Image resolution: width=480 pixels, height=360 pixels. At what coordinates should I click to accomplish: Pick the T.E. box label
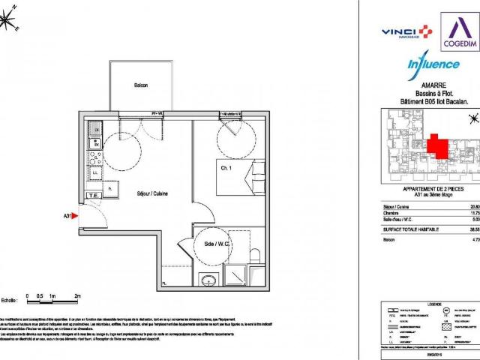click(x=94, y=196)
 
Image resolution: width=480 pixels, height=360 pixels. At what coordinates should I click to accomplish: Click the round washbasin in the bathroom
click(x=207, y=260)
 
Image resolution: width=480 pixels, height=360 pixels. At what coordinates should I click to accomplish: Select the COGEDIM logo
click(x=454, y=29)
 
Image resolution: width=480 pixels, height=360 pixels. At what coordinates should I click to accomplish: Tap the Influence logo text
click(x=433, y=65)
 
